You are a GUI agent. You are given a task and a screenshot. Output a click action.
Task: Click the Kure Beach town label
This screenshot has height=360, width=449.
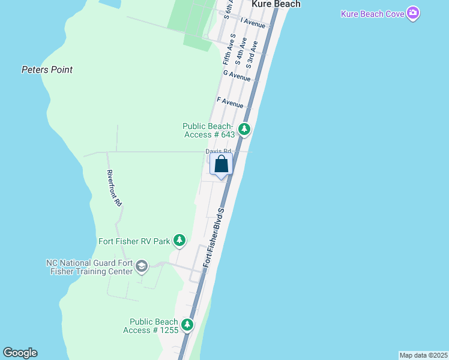[x=276, y=4]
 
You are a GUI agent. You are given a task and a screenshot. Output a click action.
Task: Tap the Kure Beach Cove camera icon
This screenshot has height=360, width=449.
[x=412, y=13]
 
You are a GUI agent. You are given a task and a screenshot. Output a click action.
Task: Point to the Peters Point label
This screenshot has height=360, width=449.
[x=47, y=70]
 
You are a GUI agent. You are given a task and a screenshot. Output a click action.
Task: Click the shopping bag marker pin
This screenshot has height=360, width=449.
[x=221, y=164]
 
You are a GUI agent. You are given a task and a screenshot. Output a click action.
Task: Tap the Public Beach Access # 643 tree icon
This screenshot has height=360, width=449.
[x=244, y=129]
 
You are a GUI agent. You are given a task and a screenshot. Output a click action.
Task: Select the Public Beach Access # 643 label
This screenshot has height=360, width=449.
[x=208, y=130]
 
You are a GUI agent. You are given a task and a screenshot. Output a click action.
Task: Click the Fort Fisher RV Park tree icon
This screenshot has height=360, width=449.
[x=179, y=241]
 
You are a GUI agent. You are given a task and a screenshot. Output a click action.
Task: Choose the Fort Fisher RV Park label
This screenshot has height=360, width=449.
[x=134, y=242]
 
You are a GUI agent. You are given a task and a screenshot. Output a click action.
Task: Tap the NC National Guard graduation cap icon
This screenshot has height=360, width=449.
[x=142, y=266]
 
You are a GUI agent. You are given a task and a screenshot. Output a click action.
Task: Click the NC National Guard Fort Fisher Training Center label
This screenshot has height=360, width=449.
[x=89, y=267]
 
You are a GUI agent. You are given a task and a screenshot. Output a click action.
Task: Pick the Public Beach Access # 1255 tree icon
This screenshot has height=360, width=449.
[x=188, y=325]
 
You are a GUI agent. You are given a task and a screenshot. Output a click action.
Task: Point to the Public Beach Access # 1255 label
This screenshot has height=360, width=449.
[x=150, y=326]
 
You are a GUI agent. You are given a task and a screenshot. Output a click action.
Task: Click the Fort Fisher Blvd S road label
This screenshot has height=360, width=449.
[x=214, y=238]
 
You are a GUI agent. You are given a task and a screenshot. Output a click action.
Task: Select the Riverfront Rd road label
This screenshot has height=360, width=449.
[x=114, y=188]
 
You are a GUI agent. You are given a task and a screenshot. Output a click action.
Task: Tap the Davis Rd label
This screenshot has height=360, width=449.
[x=218, y=151]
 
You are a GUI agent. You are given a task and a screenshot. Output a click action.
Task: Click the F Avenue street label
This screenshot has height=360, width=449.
[x=231, y=102]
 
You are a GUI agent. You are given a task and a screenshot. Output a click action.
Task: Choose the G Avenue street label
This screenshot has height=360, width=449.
[x=237, y=76]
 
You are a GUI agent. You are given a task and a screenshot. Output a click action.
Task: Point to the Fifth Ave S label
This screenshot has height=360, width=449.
[x=227, y=52]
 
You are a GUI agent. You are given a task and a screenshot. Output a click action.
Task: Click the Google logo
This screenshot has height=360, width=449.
[x=20, y=353]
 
